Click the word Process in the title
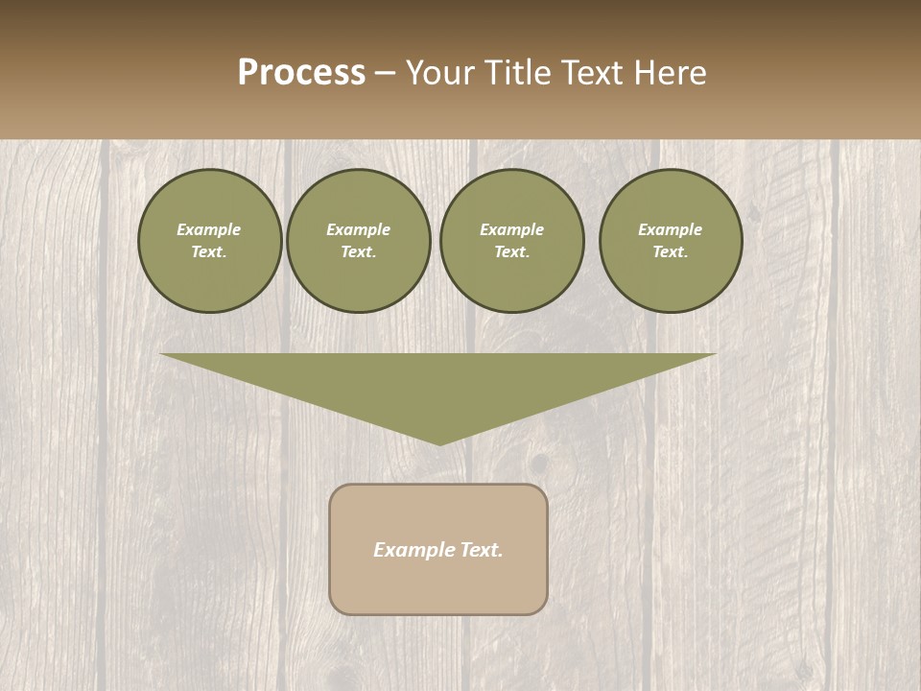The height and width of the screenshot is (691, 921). (x=301, y=73)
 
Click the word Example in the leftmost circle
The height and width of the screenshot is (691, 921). (x=209, y=229)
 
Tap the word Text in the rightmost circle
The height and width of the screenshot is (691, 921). (x=670, y=252)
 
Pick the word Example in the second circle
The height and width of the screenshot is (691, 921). (x=359, y=229)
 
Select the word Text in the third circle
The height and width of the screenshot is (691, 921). (x=511, y=252)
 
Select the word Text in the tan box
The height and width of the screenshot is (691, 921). (x=482, y=550)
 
